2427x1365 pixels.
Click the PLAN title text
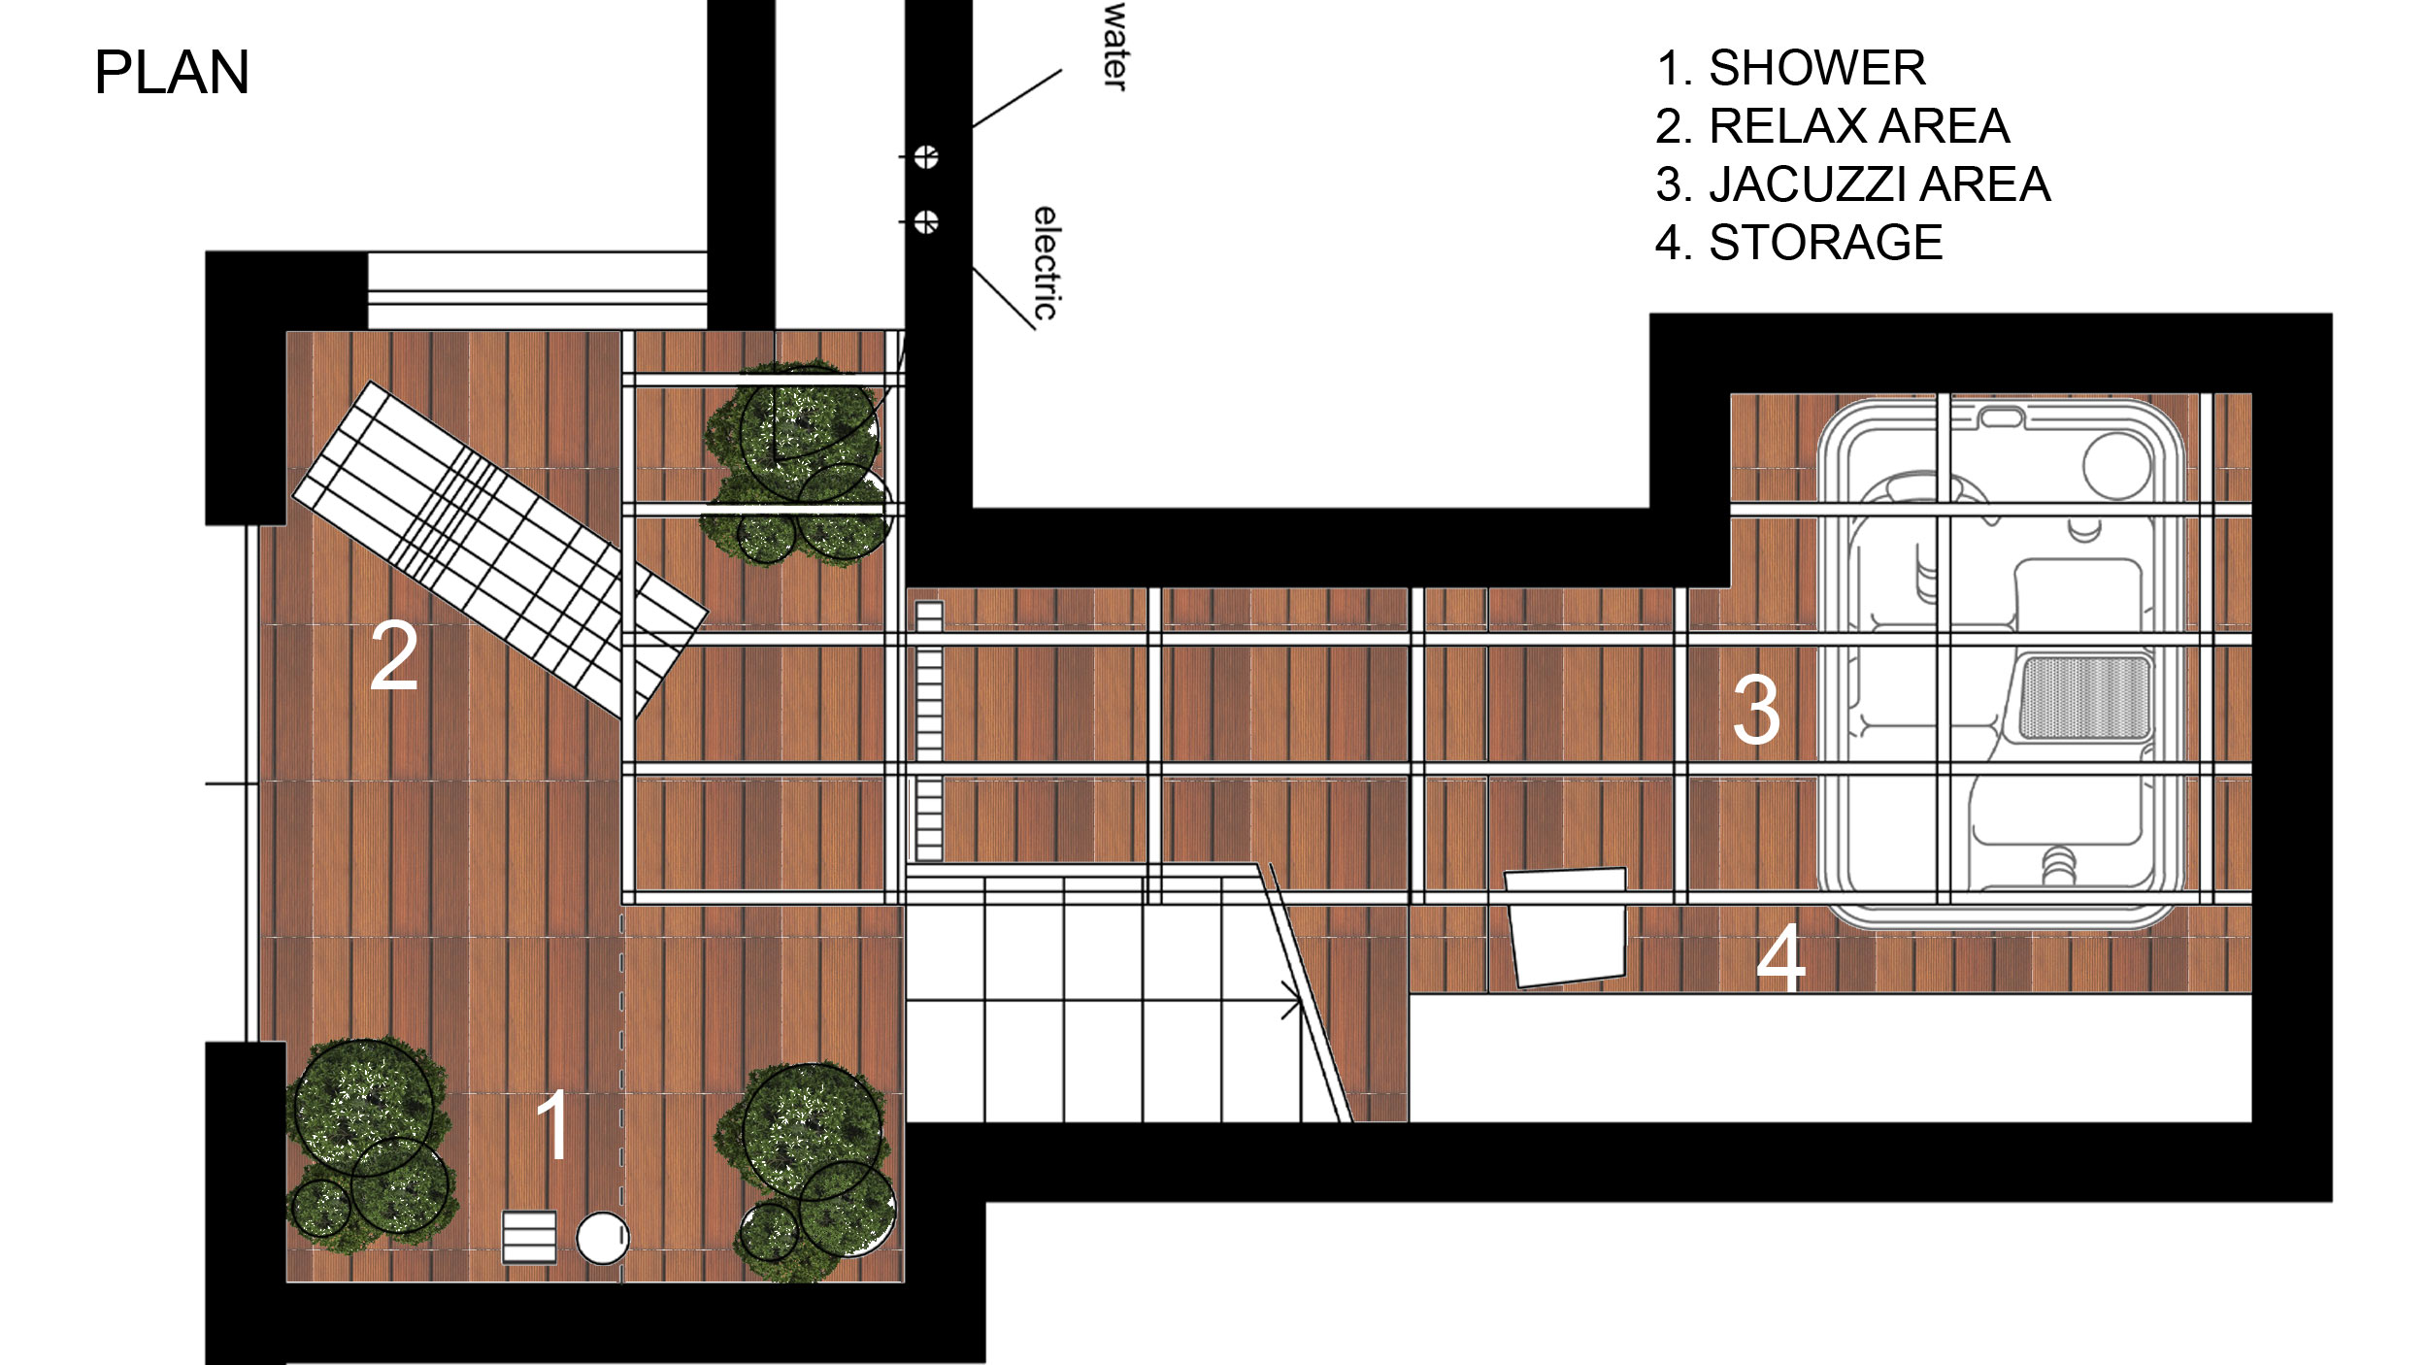(x=172, y=72)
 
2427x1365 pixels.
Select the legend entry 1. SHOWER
(x=1791, y=68)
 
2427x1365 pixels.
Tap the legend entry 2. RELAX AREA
(x=1833, y=126)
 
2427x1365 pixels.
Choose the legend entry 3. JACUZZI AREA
(x=1853, y=184)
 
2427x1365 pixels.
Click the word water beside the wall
(x=1115, y=47)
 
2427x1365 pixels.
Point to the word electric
(x=1046, y=263)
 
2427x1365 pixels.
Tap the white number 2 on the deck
(x=394, y=656)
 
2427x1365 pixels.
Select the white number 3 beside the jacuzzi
(x=1756, y=711)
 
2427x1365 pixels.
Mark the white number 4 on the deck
(x=1781, y=957)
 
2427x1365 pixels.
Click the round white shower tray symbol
(x=603, y=1238)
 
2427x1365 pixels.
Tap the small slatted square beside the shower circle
(x=529, y=1237)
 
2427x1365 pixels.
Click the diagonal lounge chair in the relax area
(x=500, y=549)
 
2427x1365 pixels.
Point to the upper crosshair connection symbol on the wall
(x=926, y=156)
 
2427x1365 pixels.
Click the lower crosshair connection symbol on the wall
(x=926, y=222)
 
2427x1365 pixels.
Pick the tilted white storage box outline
(x=1566, y=927)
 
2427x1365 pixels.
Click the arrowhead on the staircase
(x=1293, y=1000)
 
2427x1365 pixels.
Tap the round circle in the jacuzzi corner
(x=2117, y=466)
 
